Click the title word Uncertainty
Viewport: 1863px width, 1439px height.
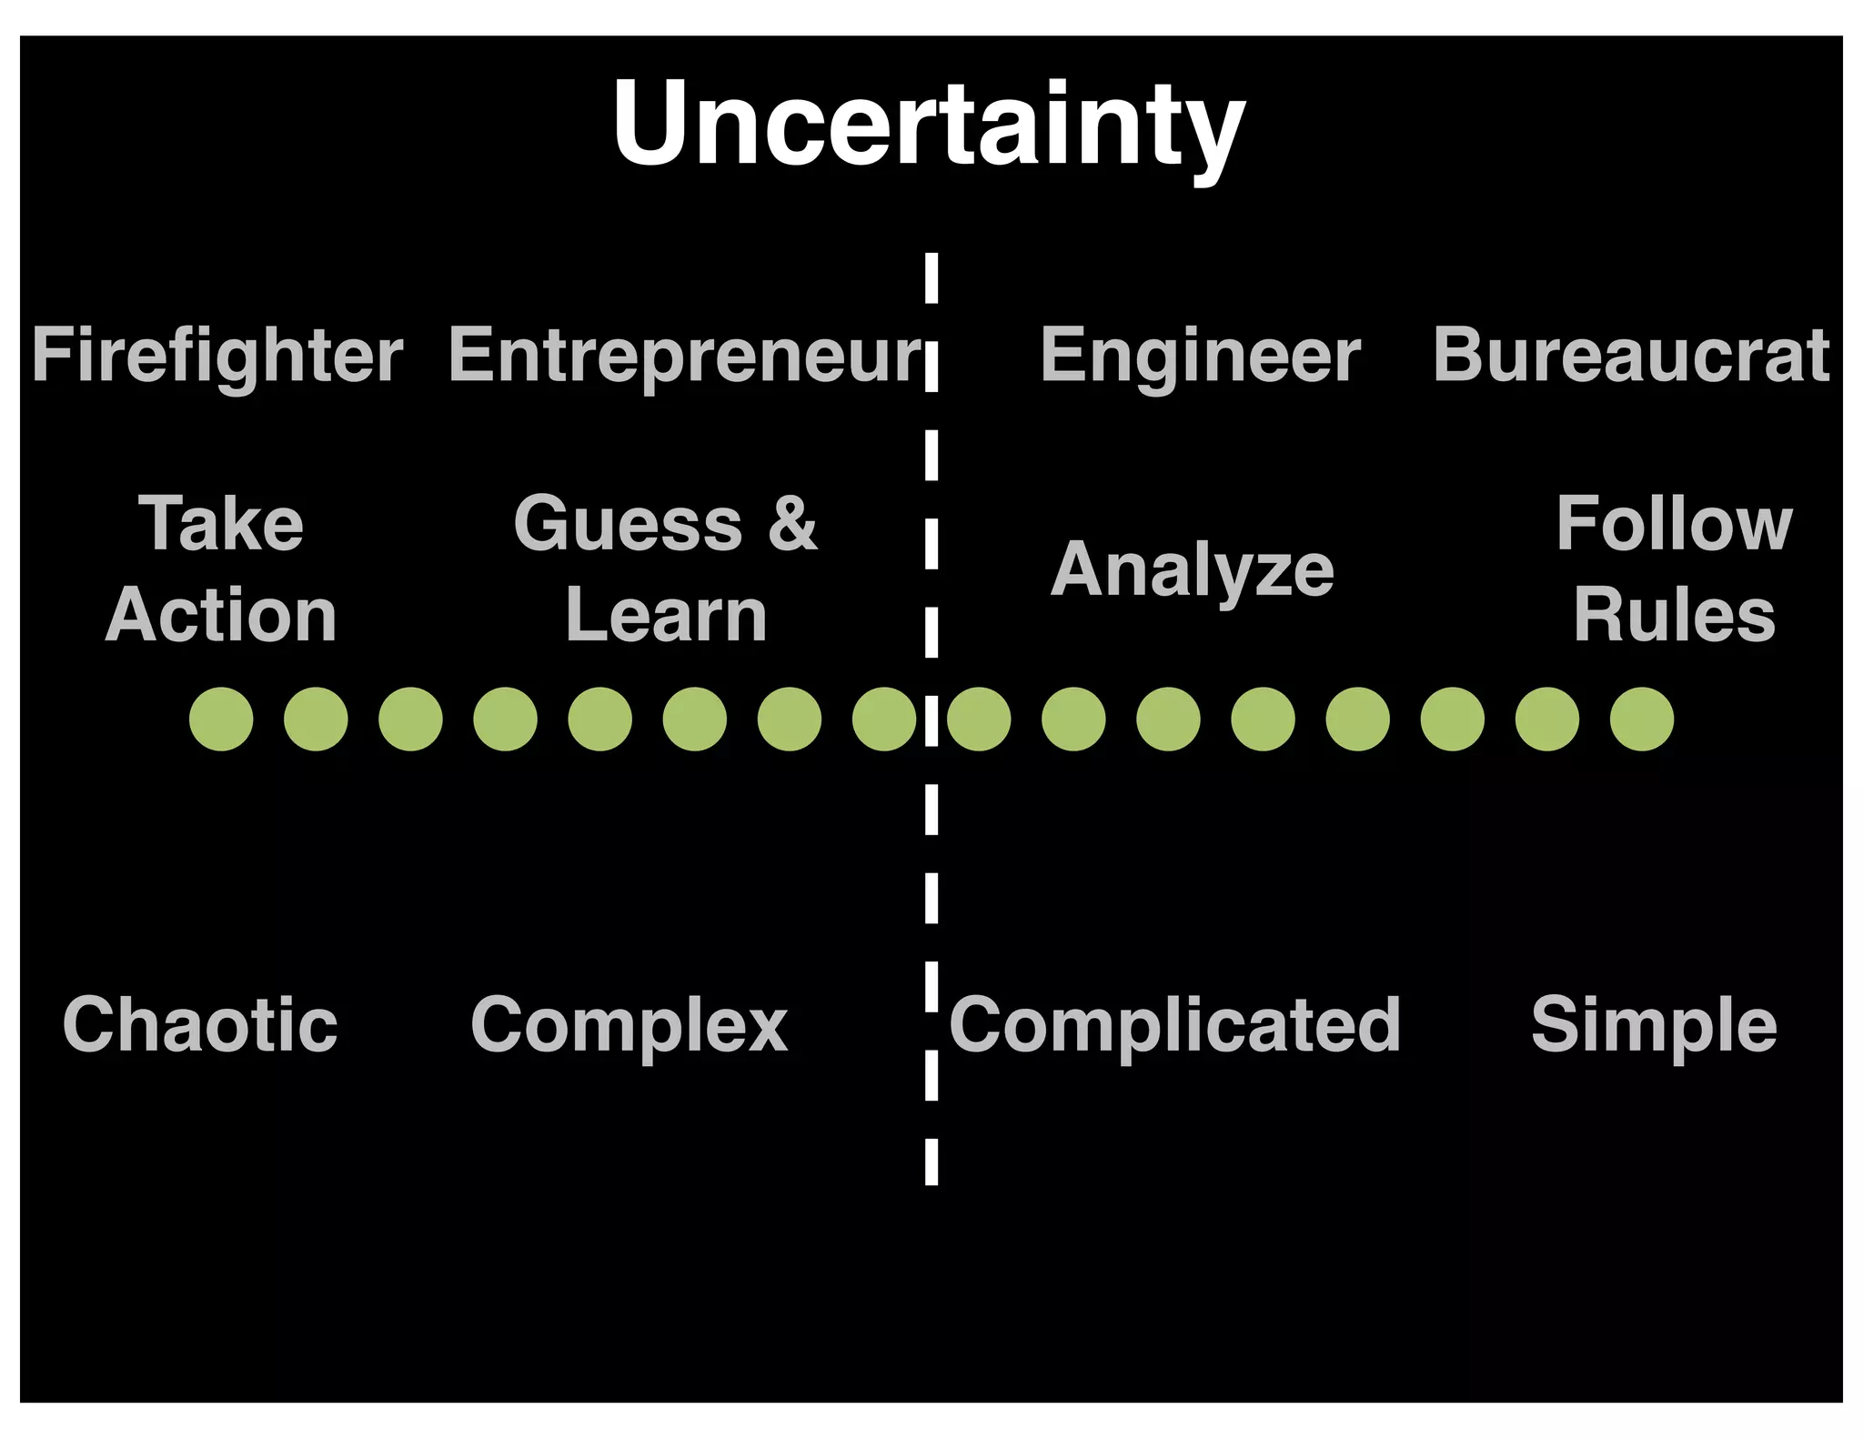click(x=929, y=125)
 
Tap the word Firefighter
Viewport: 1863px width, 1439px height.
click(x=217, y=356)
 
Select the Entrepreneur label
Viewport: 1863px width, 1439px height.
click(x=685, y=356)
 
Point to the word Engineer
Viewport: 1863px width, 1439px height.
click(x=1200, y=356)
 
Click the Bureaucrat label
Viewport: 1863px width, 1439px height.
click(x=1631, y=356)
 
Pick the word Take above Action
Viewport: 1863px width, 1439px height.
click(x=221, y=524)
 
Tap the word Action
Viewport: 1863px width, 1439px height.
click(x=221, y=616)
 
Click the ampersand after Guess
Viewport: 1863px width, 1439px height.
click(x=792, y=524)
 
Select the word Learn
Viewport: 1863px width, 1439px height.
click(x=666, y=616)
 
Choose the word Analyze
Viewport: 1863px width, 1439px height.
click(x=1193, y=570)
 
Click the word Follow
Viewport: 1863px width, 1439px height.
click(x=1674, y=524)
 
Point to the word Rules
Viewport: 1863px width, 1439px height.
click(x=1674, y=616)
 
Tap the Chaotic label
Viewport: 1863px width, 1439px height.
click(x=200, y=1025)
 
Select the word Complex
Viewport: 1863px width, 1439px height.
click(x=629, y=1025)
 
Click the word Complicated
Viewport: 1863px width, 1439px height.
click(x=1174, y=1025)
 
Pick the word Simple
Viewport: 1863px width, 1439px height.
click(x=1654, y=1025)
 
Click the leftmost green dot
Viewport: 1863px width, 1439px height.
click(x=221, y=719)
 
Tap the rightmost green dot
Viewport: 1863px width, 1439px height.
click(x=1641, y=719)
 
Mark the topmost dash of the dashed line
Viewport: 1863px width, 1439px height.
click(x=931, y=277)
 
